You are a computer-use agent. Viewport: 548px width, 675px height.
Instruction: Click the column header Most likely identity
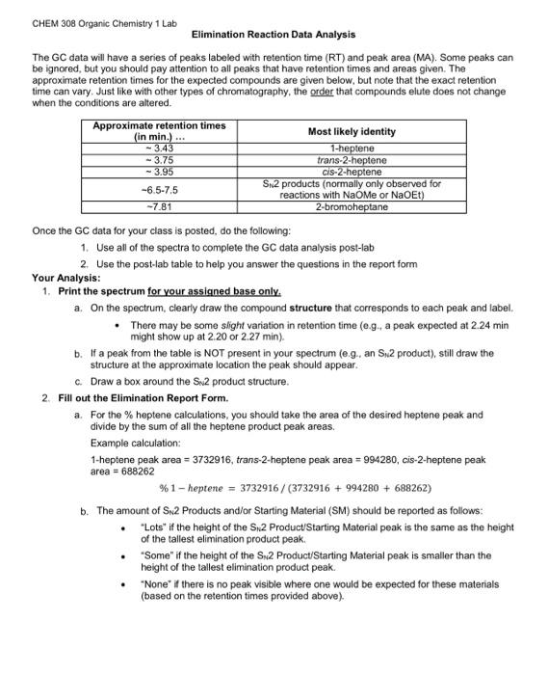pos(352,131)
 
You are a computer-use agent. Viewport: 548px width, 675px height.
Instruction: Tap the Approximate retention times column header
pos(159,131)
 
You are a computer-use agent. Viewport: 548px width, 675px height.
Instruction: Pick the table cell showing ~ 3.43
pos(159,148)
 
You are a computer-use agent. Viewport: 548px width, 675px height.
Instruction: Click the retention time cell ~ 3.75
pos(159,159)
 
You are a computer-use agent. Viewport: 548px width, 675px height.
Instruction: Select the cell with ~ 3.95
pos(159,172)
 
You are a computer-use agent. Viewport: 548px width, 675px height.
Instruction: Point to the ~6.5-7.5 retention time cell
pos(159,190)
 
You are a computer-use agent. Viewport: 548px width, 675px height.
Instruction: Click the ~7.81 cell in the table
pos(159,207)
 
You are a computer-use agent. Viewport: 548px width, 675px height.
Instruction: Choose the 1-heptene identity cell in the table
pos(352,148)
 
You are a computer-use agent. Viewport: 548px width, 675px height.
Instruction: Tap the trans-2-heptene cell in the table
pos(352,159)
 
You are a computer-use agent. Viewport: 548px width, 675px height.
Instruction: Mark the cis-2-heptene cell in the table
pos(352,172)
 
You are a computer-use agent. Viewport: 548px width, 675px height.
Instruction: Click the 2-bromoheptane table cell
pos(352,207)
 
